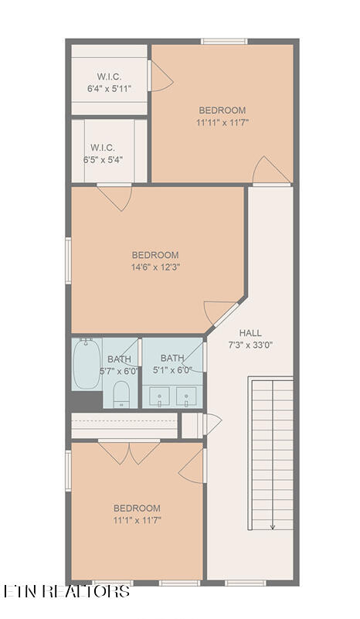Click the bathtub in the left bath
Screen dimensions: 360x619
point(87,363)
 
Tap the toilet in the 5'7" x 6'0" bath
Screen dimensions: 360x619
point(121,394)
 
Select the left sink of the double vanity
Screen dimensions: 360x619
point(159,396)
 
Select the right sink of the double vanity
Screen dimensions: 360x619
point(186,396)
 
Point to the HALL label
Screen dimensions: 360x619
point(250,333)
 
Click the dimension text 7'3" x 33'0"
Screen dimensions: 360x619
point(250,345)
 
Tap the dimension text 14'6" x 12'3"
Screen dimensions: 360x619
point(155,267)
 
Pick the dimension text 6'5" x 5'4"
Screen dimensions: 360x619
point(103,160)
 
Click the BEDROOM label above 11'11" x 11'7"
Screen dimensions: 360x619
point(222,111)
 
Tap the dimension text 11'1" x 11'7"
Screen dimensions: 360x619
point(138,520)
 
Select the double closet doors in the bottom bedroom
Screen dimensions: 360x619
point(129,452)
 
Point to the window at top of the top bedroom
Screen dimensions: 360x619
point(224,41)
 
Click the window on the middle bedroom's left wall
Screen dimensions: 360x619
point(68,260)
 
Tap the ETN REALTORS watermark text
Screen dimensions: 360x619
point(66,591)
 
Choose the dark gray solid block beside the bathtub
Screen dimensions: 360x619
point(87,401)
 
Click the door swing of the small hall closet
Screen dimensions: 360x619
point(212,424)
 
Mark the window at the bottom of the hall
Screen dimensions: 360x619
point(246,583)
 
